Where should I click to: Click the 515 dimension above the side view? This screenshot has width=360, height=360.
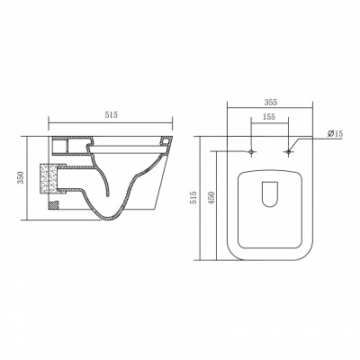click(111, 114)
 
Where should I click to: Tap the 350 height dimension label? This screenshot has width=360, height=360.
click(22, 177)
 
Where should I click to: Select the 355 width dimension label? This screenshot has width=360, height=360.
click(271, 102)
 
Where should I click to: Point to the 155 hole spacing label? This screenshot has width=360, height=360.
click(269, 117)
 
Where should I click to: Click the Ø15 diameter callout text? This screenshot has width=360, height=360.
click(335, 133)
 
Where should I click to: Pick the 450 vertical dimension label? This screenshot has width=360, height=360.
click(211, 198)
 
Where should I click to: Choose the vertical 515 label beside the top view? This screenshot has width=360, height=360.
click(194, 198)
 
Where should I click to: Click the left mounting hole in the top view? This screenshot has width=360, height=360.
click(251, 151)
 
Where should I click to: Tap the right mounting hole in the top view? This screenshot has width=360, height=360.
click(288, 151)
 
